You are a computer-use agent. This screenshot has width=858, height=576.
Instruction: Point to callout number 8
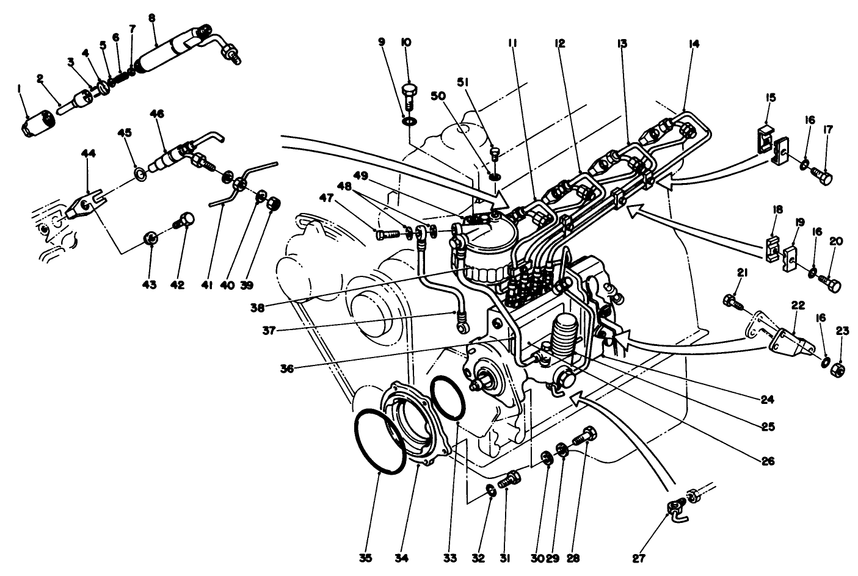153,17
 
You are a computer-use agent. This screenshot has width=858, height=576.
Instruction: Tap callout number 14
693,43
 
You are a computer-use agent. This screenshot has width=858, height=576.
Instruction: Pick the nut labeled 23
839,370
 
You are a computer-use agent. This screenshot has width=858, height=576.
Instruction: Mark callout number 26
768,461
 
